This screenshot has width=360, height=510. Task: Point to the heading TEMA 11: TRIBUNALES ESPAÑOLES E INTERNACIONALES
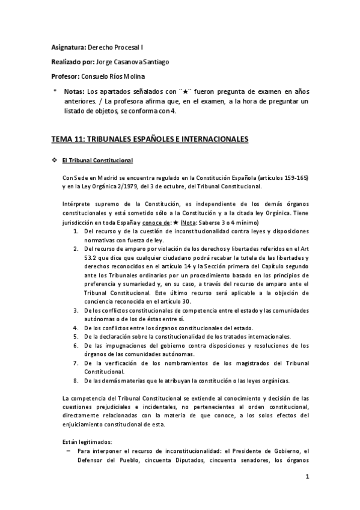coord(150,140)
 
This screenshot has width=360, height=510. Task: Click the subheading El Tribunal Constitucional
coord(100,161)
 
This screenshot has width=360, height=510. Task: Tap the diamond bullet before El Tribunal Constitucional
coord(55,161)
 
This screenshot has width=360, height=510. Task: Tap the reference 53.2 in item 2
coord(91,257)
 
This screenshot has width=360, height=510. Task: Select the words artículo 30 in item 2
coord(171,301)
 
